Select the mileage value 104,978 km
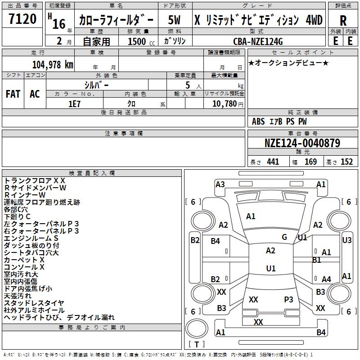[53, 64]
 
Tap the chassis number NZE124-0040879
[302, 143]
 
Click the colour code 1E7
[74, 103]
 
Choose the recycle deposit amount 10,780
[224, 103]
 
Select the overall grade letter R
[343, 21]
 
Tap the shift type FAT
[13, 94]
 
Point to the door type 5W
[174, 20]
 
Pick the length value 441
[273, 162]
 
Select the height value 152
[346, 162]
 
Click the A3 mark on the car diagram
[220, 184]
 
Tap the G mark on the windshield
[284, 237]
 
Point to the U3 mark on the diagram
[347, 240]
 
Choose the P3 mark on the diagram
[288, 299]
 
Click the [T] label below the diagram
[196, 345]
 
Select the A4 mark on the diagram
[326, 279]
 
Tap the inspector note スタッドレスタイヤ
[34, 303]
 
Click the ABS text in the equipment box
[258, 121]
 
